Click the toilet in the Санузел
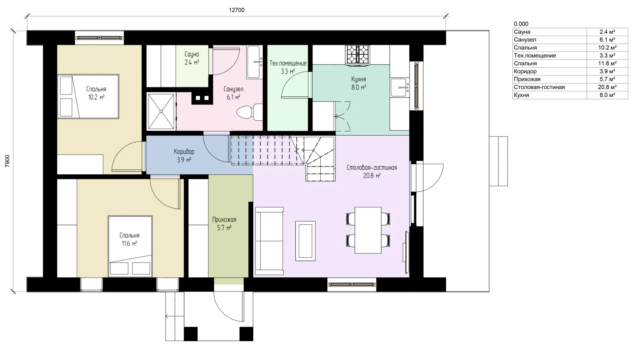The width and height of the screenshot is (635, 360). [249, 112]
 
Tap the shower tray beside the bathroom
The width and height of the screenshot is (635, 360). [161, 112]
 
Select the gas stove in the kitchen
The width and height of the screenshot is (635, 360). [357, 55]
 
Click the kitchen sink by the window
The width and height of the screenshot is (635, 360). [400, 88]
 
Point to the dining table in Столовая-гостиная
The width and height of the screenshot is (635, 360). [368, 230]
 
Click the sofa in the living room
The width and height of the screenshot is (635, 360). [270, 241]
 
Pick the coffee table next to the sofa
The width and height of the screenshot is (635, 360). [306, 241]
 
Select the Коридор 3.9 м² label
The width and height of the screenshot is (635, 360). [184, 156]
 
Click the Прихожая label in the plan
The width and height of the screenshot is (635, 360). [224, 220]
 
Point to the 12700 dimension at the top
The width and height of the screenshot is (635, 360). [237, 10]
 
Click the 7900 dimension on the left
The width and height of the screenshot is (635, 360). [7, 161]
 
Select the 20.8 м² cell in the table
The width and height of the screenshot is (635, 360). [607, 87]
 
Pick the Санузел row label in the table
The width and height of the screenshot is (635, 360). [525, 40]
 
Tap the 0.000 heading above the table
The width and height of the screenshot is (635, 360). [521, 24]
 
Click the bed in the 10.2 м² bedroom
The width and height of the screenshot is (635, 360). [88, 96]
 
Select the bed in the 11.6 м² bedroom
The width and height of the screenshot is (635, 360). [130, 246]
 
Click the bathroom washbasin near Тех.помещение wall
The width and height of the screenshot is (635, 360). [255, 62]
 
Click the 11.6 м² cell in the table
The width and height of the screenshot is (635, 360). [607, 64]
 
